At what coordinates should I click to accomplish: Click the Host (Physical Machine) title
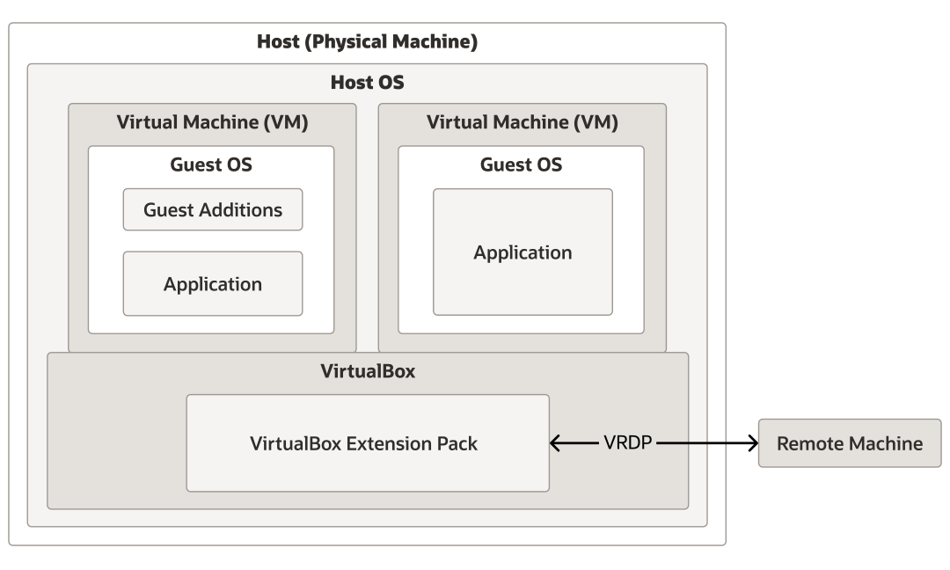pos(367,42)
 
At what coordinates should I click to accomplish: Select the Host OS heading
pos(367,83)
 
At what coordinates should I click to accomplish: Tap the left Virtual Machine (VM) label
pos(212,123)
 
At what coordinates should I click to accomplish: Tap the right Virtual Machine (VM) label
pos(522,123)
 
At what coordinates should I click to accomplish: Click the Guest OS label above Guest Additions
pos(211,164)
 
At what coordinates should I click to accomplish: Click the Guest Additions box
pos(213,209)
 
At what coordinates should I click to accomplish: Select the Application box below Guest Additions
pos(213,284)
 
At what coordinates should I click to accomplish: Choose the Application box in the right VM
pos(522,252)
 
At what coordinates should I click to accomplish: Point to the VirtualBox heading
pos(368,371)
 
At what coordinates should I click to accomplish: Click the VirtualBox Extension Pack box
pos(368,443)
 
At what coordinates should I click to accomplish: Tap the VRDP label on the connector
pos(628,443)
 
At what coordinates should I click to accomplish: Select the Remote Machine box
pos(850,443)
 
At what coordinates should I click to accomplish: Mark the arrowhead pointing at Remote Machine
pos(752,443)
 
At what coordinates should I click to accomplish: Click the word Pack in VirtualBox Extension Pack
pos(459,443)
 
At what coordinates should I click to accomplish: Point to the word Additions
pos(245,209)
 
